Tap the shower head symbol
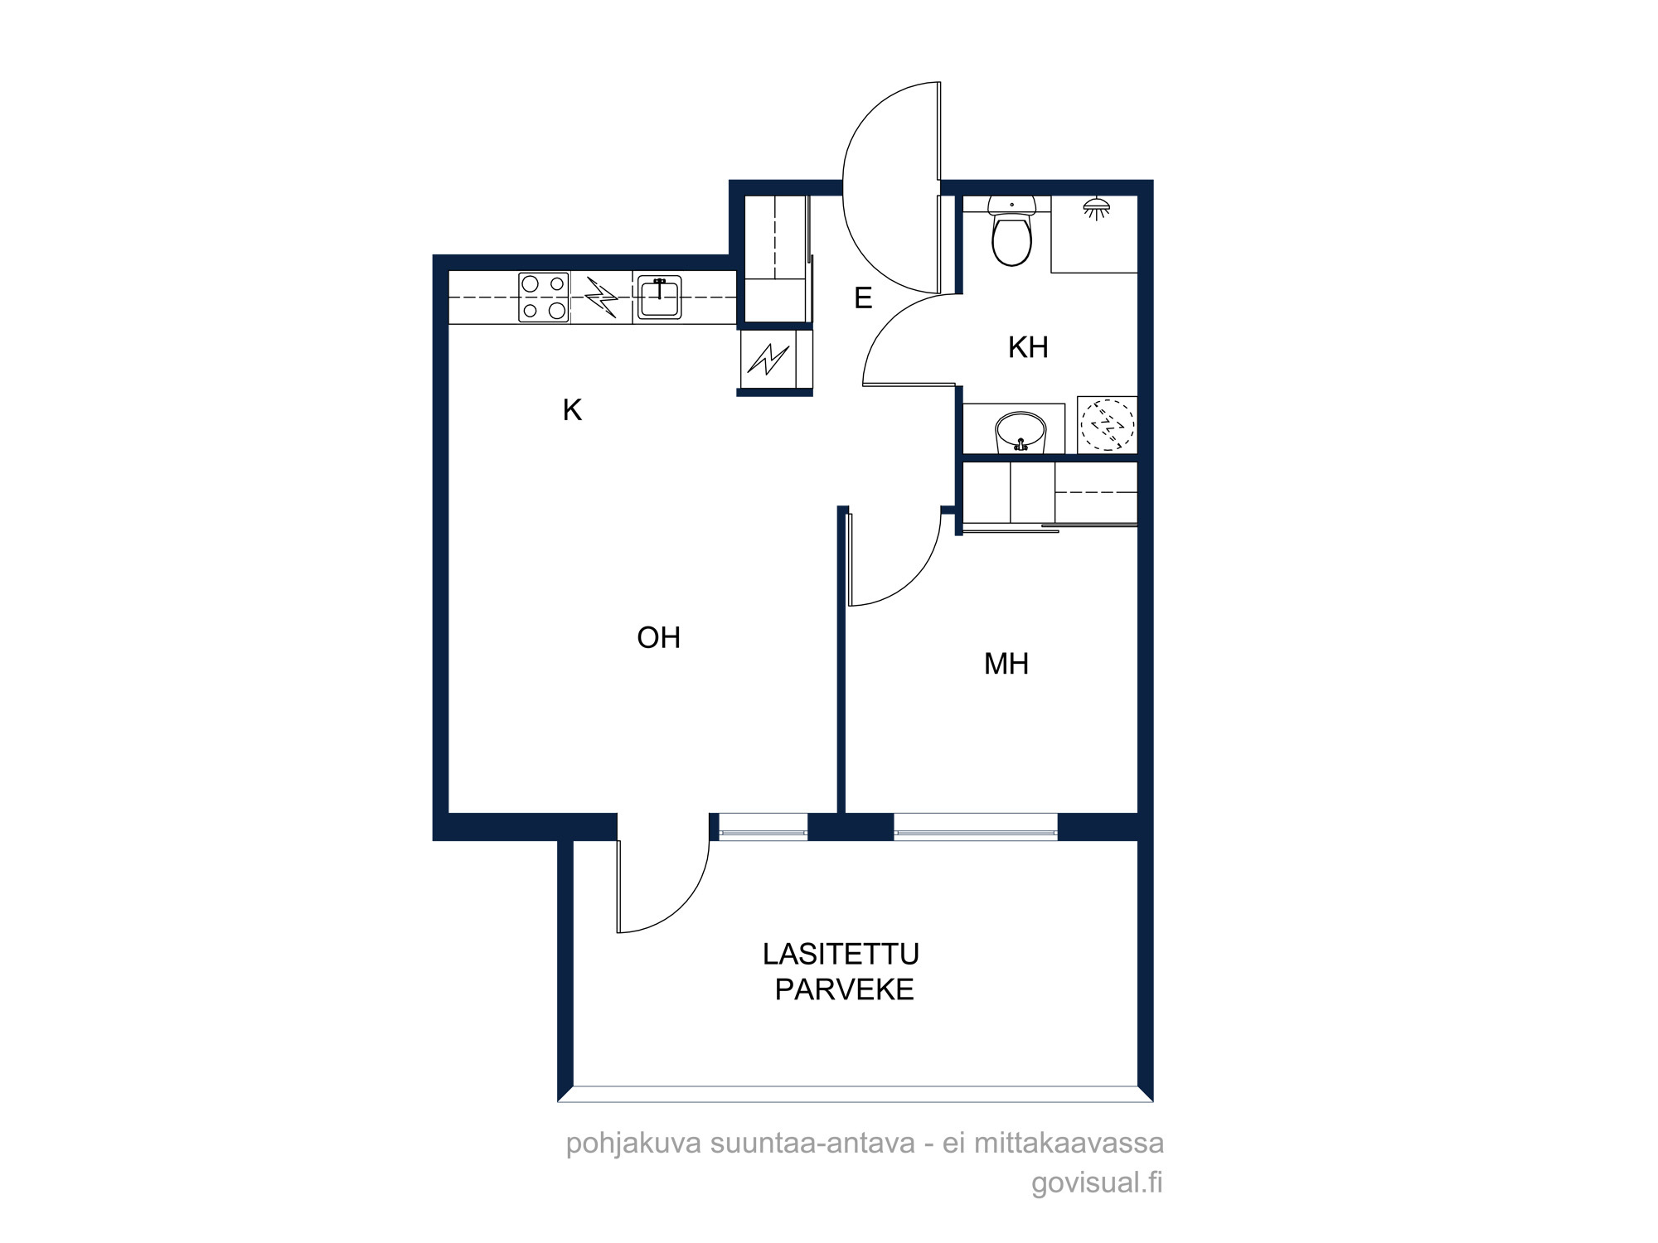pos(1097,208)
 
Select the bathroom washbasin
pos(1020,432)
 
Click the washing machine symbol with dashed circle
pos(1108,424)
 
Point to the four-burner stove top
pos(544,297)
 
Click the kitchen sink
pos(659,297)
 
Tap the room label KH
pos(1028,347)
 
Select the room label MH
pos(1006,664)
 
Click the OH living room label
pos(659,637)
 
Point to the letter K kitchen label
pos(572,410)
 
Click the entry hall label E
pos(863,297)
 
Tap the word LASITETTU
pos(841,954)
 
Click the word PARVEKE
pos(844,989)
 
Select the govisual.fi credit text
pos(1097,1183)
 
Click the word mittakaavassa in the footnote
pos(1069,1144)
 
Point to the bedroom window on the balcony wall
pos(976,827)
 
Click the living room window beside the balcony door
pos(763,827)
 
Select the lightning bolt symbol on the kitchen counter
pos(602,297)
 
